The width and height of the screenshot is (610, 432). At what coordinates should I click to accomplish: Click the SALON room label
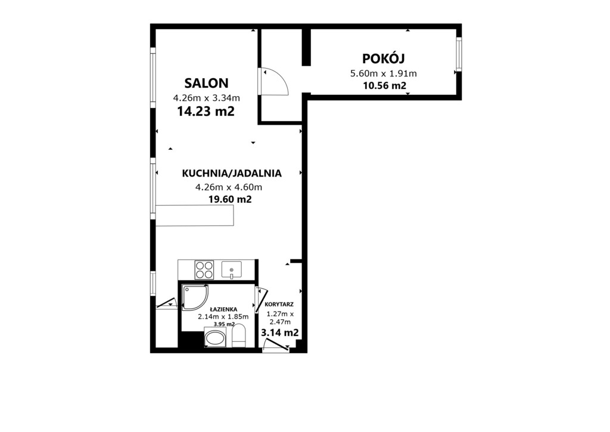pyautogui.click(x=206, y=83)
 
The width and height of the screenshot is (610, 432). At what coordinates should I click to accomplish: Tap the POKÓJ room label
pyautogui.click(x=384, y=58)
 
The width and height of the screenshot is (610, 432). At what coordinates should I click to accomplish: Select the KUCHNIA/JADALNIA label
pyautogui.click(x=232, y=174)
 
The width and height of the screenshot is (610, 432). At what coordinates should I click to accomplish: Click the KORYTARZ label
pyautogui.click(x=279, y=305)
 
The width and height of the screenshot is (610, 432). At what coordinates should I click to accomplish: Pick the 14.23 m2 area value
pyautogui.click(x=206, y=112)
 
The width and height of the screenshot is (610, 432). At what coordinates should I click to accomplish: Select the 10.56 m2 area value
pyautogui.click(x=384, y=86)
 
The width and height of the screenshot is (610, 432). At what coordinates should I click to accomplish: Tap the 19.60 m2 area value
pyautogui.click(x=230, y=199)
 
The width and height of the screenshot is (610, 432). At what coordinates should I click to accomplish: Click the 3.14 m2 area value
pyautogui.click(x=280, y=333)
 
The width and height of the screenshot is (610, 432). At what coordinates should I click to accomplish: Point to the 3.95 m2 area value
pyautogui.click(x=224, y=324)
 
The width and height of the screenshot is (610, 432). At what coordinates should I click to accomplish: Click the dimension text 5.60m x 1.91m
pyautogui.click(x=384, y=73)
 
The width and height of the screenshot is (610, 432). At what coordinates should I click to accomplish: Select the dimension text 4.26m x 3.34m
pyautogui.click(x=206, y=98)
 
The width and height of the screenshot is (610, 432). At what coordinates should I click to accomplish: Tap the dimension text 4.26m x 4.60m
pyautogui.click(x=229, y=187)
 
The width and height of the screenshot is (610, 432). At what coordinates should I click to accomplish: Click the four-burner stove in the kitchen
pyautogui.click(x=204, y=270)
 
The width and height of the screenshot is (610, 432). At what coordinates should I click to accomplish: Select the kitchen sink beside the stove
pyautogui.click(x=232, y=270)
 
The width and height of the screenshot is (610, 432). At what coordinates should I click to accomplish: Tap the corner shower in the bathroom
pyautogui.click(x=195, y=297)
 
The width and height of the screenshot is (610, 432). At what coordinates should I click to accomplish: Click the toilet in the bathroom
pyautogui.click(x=238, y=335)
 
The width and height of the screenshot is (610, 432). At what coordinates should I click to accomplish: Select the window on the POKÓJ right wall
pyautogui.click(x=459, y=54)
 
